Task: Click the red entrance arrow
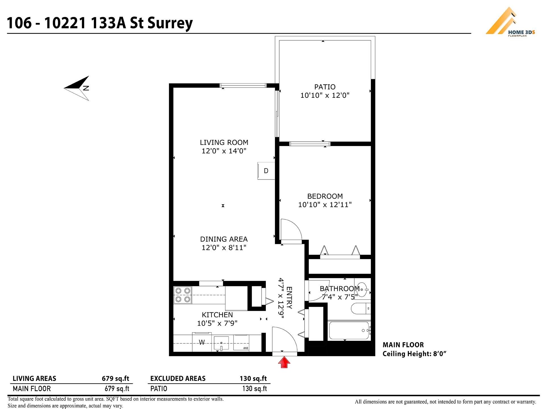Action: [x=284, y=363]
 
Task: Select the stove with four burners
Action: [x=183, y=295]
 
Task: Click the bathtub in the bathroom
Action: [x=349, y=331]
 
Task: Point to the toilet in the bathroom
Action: [x=360, y=308]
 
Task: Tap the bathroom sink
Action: [x=362, y=289]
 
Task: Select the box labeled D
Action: [x=266, y=171]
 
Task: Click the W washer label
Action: [x=202, y=343]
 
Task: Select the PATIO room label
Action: [x=325, y=87]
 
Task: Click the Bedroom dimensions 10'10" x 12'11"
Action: [x=325, y=204]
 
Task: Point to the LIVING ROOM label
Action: [x=224, y=142]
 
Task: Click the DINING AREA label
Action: [x=224, y=239]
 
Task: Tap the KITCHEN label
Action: [x=217, y=315]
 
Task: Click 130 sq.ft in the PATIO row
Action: [x=254, y=389]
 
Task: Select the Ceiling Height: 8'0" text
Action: [x=414, y=354]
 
